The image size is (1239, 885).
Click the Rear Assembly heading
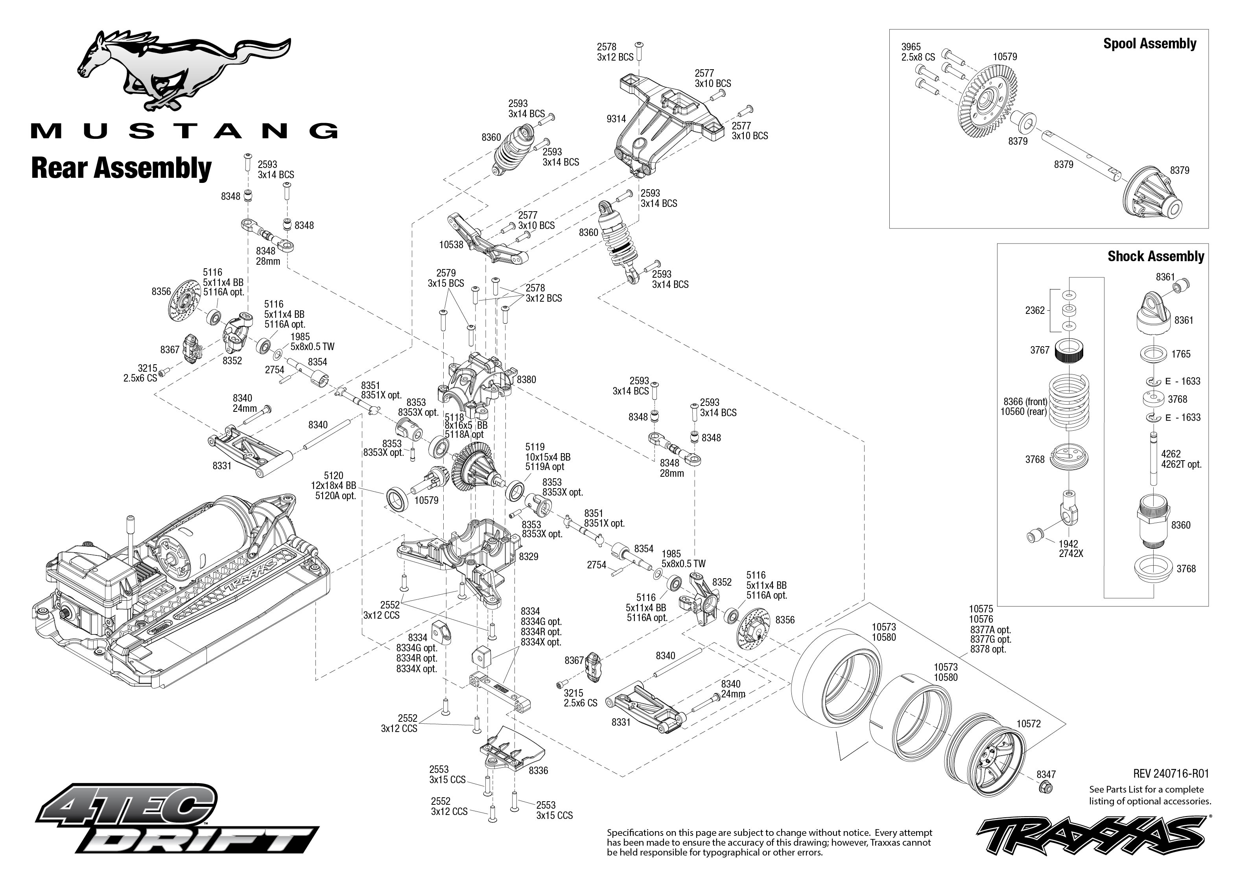point(121,168)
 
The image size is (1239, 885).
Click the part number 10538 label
point(451,245)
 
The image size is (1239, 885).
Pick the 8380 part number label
point(526,379)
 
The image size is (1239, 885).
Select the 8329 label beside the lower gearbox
point(529,557)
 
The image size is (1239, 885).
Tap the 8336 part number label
point(538,771)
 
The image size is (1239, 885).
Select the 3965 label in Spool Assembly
point(911,47)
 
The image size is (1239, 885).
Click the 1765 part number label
point(1181,354)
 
